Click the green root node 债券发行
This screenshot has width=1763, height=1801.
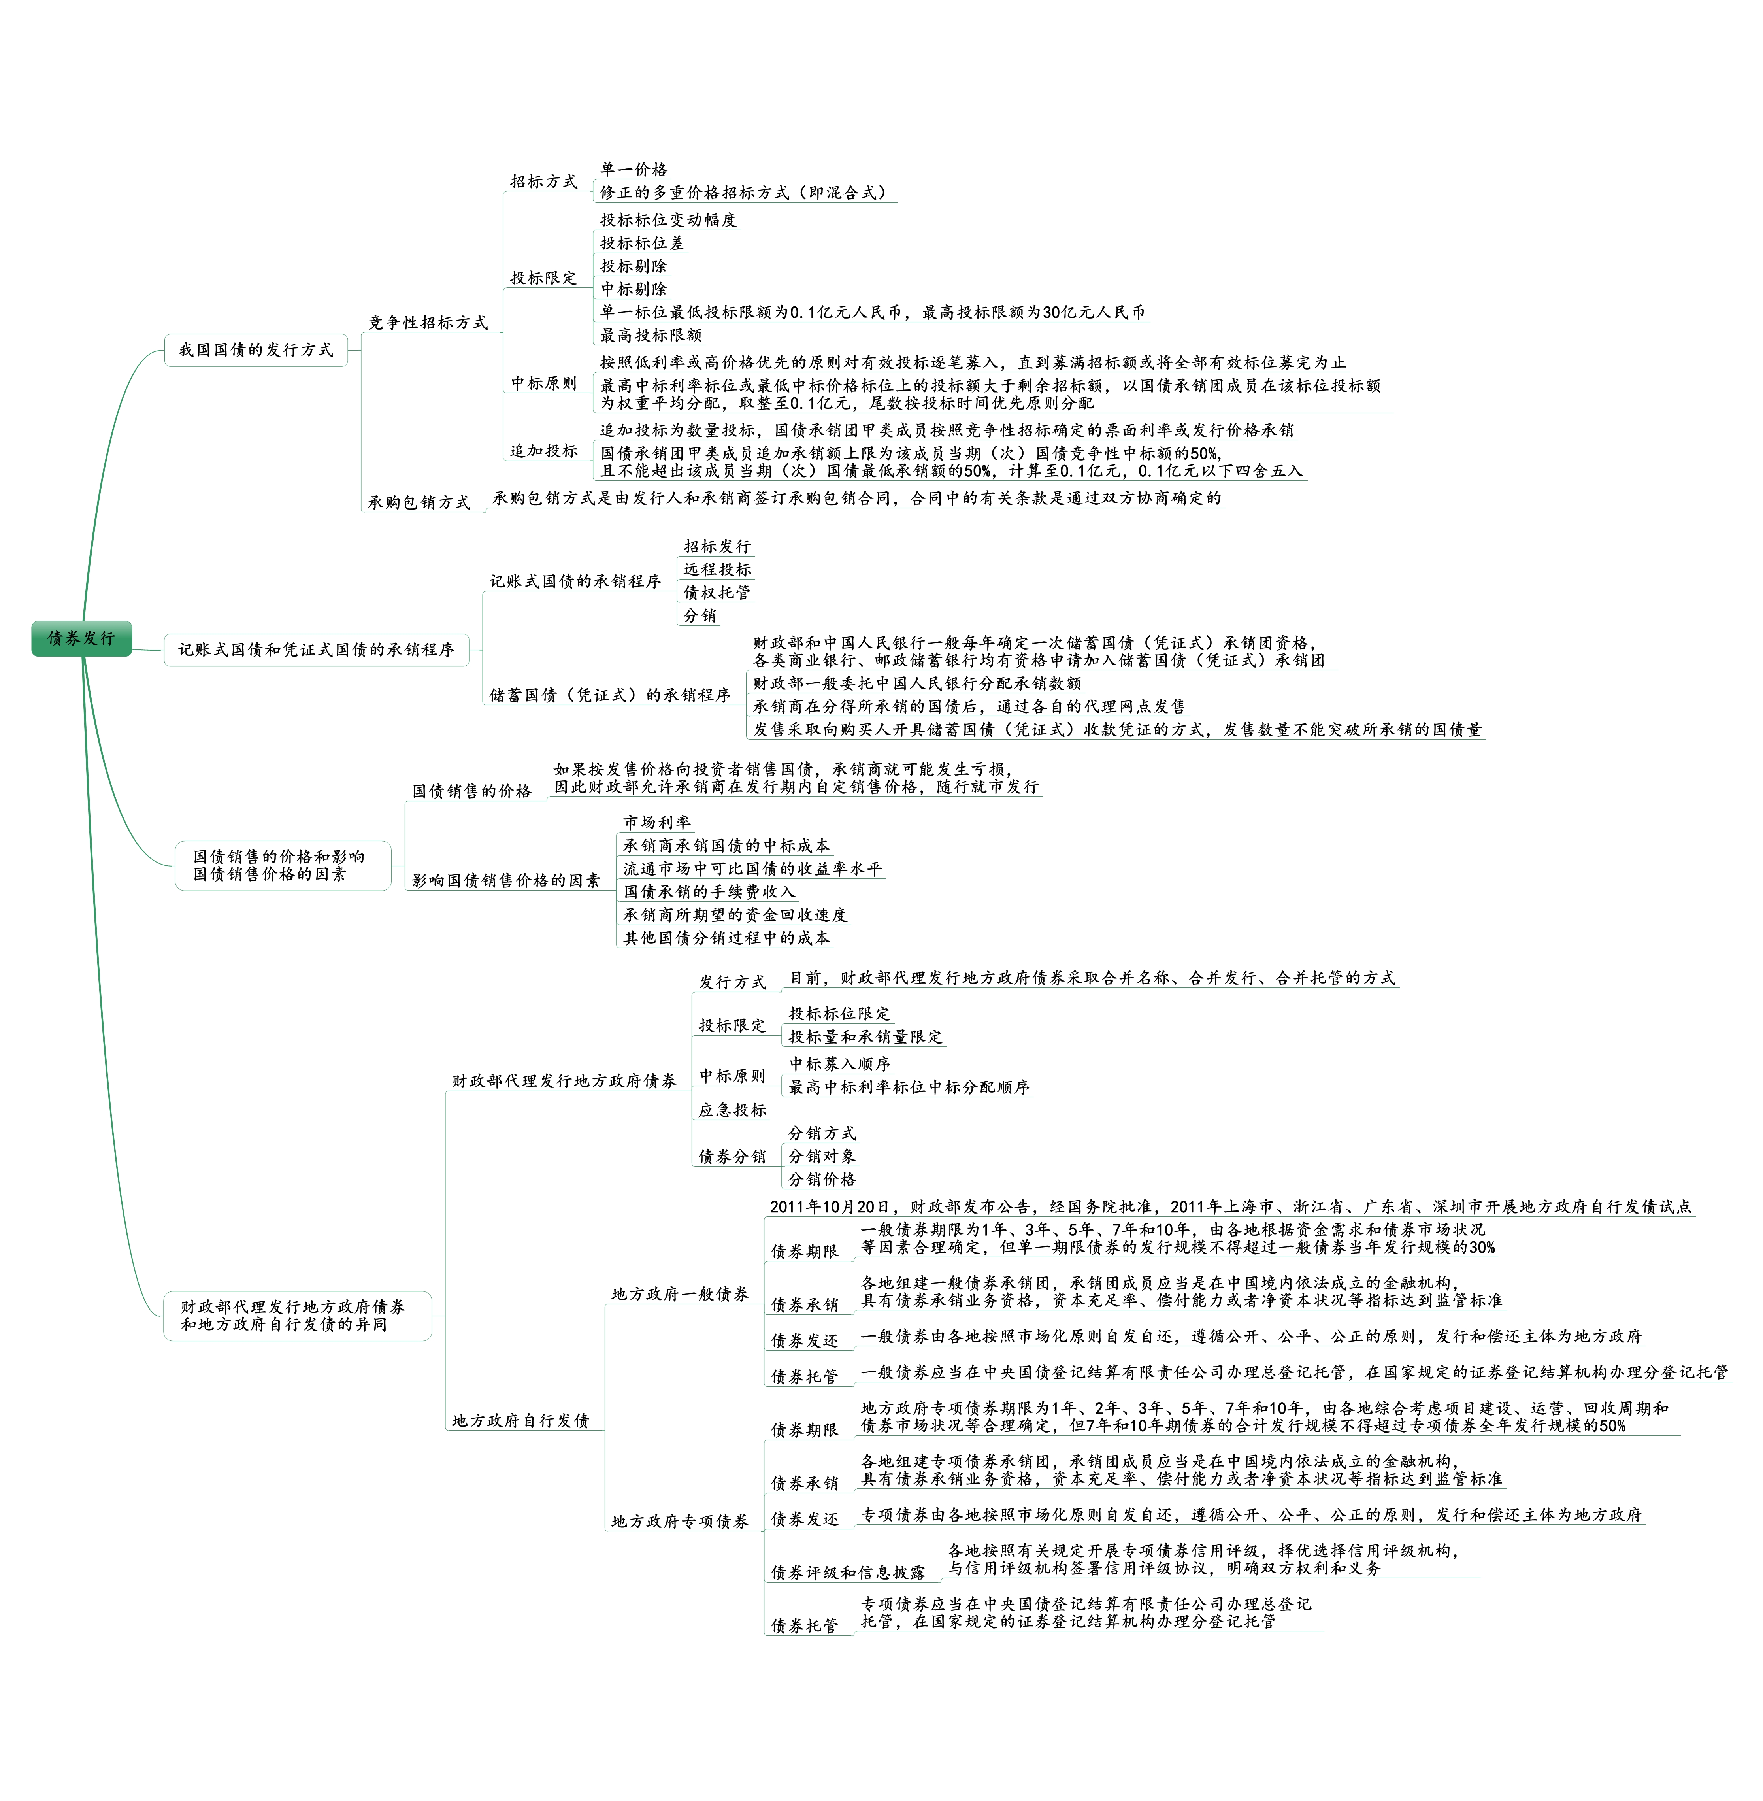coord(81,638)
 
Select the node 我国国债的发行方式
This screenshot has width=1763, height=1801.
coord(256,350)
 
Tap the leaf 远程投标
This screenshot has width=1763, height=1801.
coord(718,570)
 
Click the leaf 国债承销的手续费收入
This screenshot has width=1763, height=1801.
coord(709,892)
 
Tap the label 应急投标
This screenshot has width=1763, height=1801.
coord(732,1110)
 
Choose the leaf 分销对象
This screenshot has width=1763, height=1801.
coord(822,1157)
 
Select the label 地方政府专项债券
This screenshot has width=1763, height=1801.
coord(680,1522)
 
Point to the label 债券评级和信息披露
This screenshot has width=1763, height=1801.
coord(848,1572)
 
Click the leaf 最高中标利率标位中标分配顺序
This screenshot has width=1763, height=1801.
coord(908,1087)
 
